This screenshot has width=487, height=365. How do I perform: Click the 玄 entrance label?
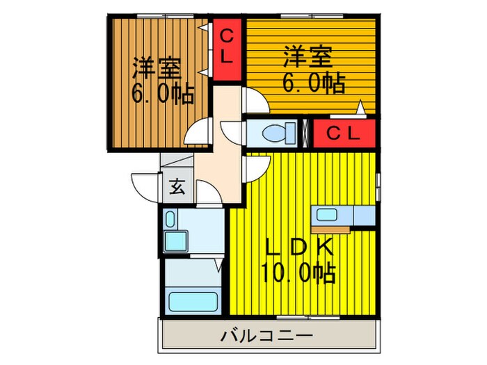pos(177,186)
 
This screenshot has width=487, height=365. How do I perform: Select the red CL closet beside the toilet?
pos(344,134)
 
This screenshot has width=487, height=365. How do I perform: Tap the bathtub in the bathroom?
pos(194,303)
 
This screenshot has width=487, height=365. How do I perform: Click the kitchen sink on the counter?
pos(326,214)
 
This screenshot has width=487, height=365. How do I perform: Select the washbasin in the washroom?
pos(174,241)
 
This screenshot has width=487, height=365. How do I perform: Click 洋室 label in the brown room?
pos(157,68)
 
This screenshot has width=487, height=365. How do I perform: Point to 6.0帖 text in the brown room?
pos(163,93)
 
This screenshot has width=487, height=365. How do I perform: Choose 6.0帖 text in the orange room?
pos(313,83)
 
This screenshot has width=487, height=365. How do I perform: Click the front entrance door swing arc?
pos(143,184)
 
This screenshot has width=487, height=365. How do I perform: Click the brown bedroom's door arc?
pos(199,131)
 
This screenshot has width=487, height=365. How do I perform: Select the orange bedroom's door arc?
pos(255,101)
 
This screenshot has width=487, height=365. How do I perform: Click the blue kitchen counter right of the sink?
pos(363,216)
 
